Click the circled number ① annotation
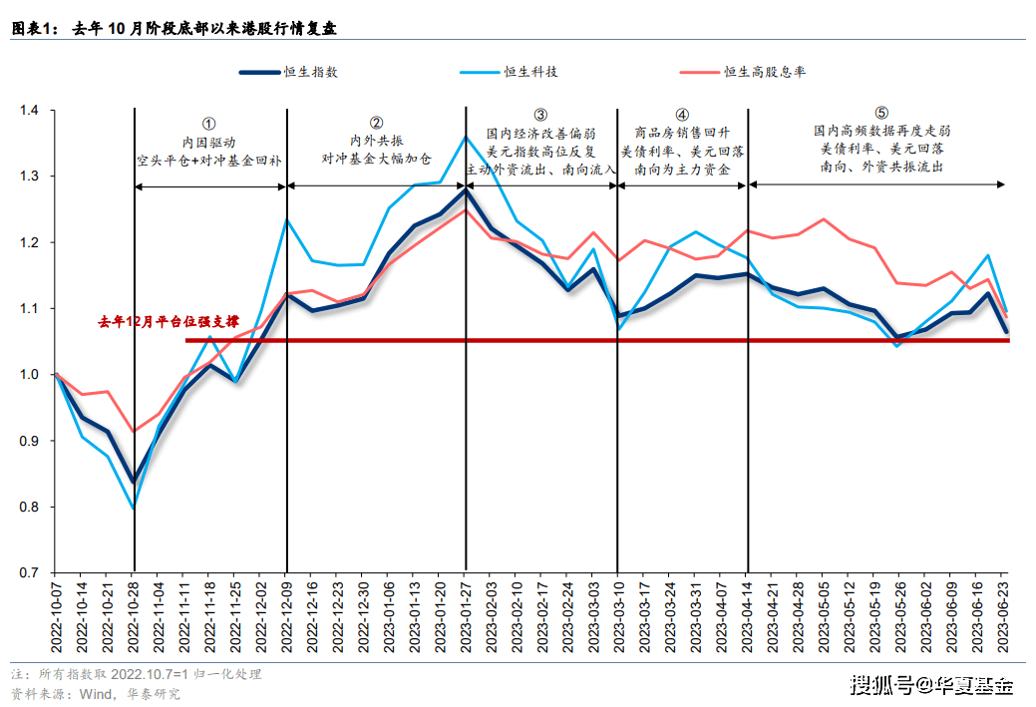(208, 123)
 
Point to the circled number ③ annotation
(540, 115)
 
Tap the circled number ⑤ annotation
(880, 113)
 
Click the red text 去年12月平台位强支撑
(169, 322)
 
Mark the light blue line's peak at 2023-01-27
(466, 137)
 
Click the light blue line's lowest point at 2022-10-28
(135, 508)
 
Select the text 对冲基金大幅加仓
(377, 159)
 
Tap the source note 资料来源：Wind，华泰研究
(96, 693)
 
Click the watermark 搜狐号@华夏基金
(931, 685)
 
